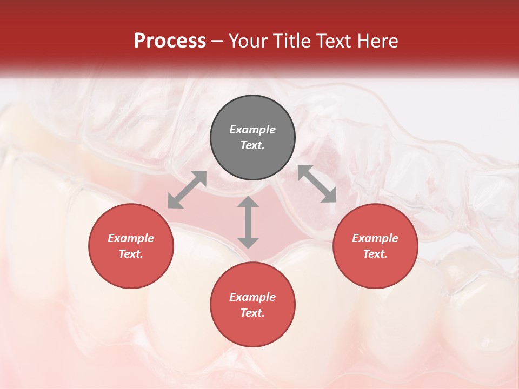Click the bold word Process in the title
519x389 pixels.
170,41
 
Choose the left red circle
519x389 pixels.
131,246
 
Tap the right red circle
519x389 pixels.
375,246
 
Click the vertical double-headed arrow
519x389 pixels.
248,222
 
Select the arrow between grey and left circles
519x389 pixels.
187,190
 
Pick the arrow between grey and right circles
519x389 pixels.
317,184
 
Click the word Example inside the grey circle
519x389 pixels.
252,130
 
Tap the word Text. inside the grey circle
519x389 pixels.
252,145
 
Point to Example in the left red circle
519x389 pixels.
131,238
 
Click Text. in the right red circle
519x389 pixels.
375,254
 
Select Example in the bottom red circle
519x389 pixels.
252,297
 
